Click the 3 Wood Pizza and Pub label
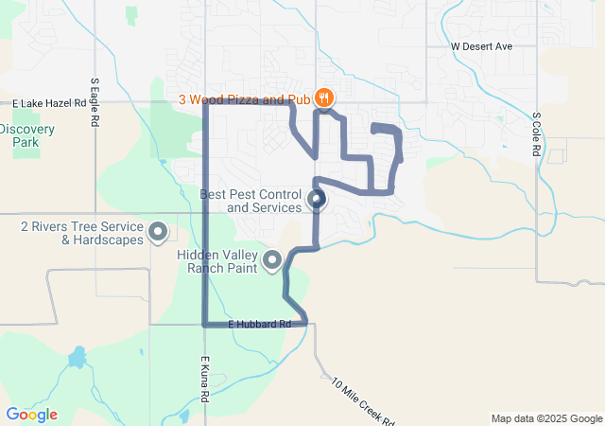tap(244, 98)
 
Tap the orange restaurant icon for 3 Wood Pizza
tap(324, 98)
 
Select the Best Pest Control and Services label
tap(251, 200)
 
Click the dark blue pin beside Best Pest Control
tap(317, 199)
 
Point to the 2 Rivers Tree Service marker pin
tap(158, 230)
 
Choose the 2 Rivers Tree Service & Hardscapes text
tap(81, 233)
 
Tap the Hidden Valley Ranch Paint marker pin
tap(273, 258)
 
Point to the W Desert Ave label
tap(481, 45)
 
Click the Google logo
tap(31, 415)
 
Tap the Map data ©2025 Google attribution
tap(545, 418)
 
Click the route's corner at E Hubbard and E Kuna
tap(205, 325)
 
